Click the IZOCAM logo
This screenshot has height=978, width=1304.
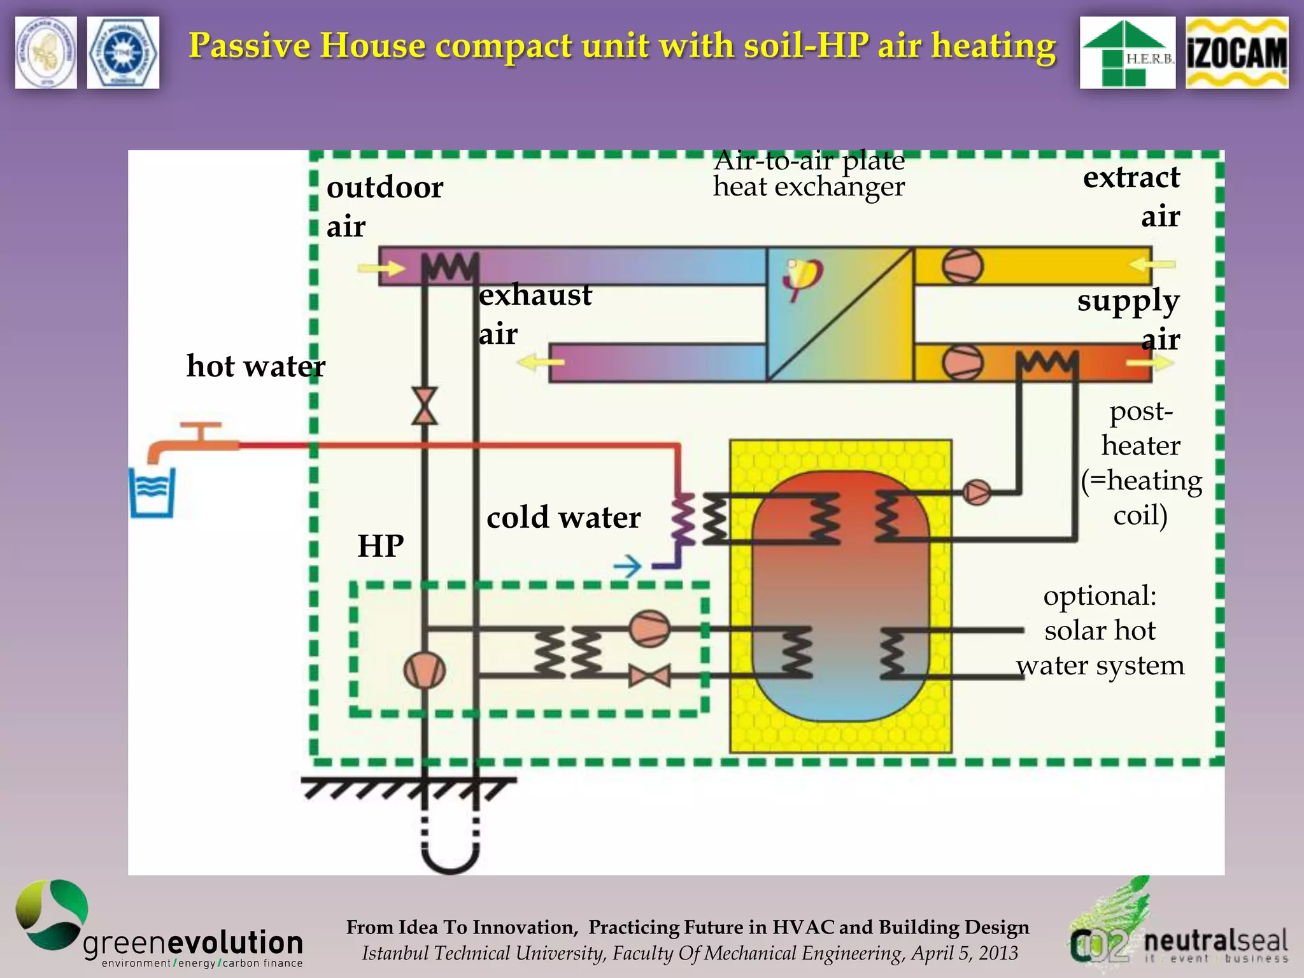pyautogui.click(x=1236, y=52)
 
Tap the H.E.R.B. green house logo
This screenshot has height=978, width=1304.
pyautogui.click(x=1127, y=52)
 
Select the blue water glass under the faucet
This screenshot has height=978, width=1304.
pyautogui.click(x=152, y=493)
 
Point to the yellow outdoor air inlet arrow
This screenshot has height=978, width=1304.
pyautogui.click(x=381, y=268)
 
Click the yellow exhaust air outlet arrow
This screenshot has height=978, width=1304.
pyautogui.click(x=541, y=363)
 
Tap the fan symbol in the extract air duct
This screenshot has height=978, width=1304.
pyautogui.click(x=962, y=266)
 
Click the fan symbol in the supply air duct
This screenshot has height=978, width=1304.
pyautogui.click(x=962, y=363)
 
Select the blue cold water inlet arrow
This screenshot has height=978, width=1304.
pyautogui.click(x=627, y=566)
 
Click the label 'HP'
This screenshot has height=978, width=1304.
pyautogui.click(x=381, y=546)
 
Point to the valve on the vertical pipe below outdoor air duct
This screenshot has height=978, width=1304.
pyautogui.click(x=425, y=406)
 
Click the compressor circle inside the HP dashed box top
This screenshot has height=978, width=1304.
pyautogui.click(x=649, y=628)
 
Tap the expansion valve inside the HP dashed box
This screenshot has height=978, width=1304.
pyautogui.click(x=649, y=676)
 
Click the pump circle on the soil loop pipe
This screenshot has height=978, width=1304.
pyautogui.click(x=425, y=670)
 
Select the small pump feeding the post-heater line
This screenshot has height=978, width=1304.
pyautogui.click(x=976, y=492)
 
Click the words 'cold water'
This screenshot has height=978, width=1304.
pyautogui.click(x=563, y=518)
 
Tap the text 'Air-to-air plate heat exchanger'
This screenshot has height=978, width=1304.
pyautogui.click(x=808, y=174)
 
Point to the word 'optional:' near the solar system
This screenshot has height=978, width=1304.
pyautogui.click(x=1100, y=596)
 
